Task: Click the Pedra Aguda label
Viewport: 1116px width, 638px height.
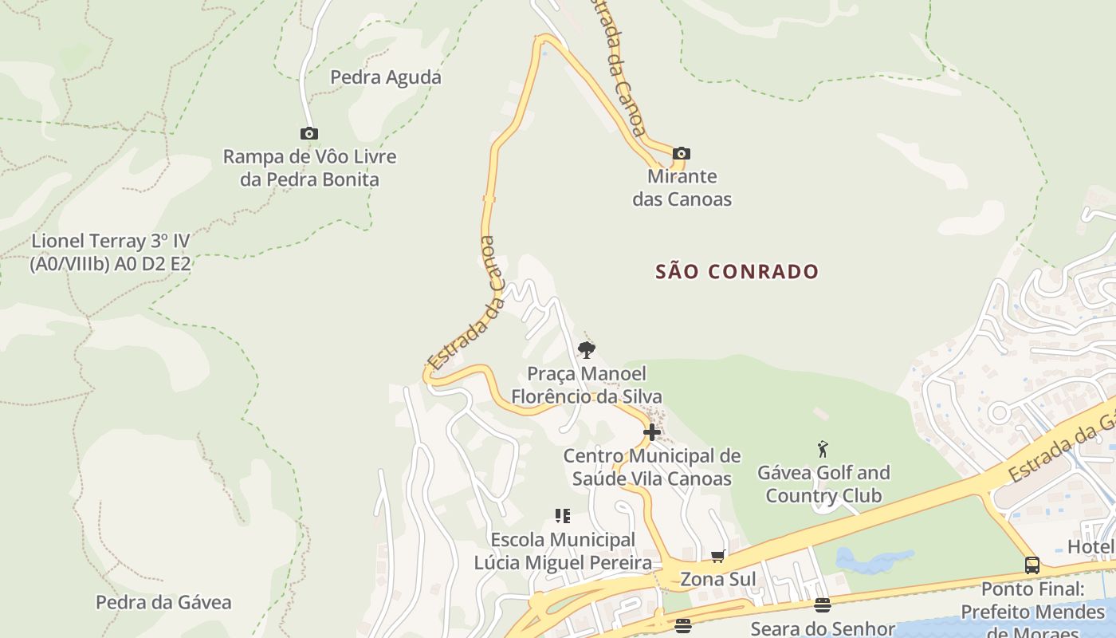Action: tap(385, 77)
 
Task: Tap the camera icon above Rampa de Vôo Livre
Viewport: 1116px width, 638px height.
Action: tap(309, 134)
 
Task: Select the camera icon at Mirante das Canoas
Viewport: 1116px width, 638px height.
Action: tap(681, 153)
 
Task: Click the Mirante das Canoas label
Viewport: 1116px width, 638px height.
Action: tap(682, 187)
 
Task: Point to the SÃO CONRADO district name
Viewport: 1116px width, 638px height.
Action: tap(737, 272)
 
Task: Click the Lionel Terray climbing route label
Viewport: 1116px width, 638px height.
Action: tap(111, 252)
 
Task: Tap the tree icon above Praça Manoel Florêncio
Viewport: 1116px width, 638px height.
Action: tap(586, 349)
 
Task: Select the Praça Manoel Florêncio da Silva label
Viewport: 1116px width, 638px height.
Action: tap(586, 384)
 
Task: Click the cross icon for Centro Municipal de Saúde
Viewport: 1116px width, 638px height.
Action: tap(652, 433)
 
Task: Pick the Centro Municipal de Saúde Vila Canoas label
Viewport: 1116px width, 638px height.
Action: tap(652, 467)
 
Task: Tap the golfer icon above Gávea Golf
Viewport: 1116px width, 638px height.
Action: tap(823, 449)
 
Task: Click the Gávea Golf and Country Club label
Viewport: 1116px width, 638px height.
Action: tap(823, 484)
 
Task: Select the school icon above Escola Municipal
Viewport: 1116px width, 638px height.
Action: tap(563, 516)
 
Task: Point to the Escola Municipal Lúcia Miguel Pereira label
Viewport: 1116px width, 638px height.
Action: tap(563, 551)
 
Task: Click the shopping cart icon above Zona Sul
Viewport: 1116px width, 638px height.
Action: tap(717, 556)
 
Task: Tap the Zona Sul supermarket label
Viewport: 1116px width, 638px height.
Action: tap(717, 579)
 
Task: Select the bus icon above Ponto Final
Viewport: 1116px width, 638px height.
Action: tap(1032, 565)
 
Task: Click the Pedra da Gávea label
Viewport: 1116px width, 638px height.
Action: tap(163, 602)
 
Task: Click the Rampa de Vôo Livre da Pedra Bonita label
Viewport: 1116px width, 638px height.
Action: tap(309, 167)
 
